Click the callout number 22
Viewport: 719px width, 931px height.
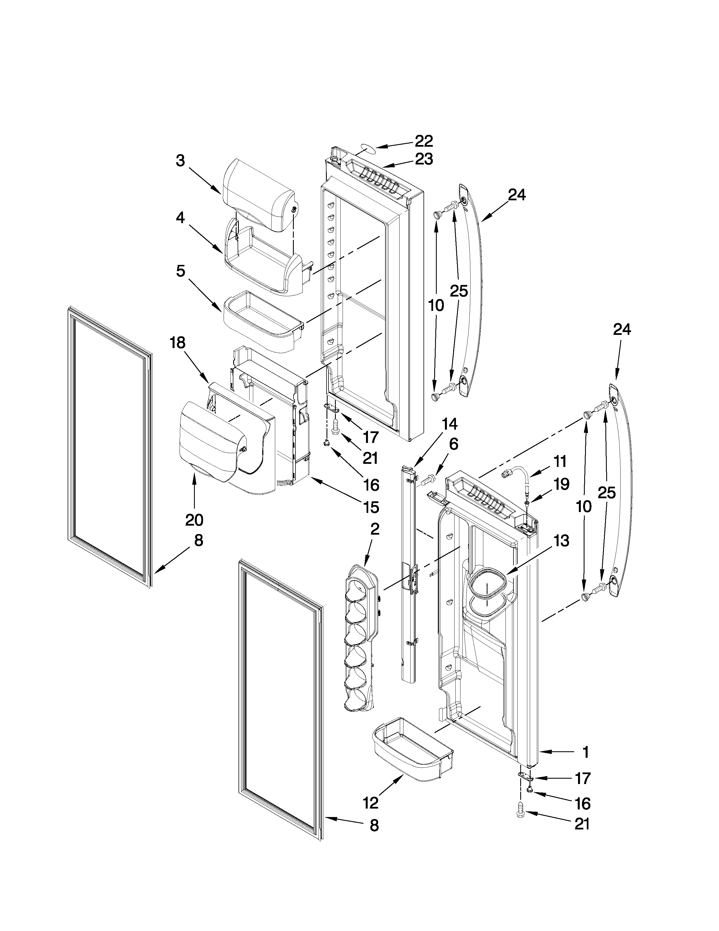424,141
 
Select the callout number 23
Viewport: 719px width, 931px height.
424,159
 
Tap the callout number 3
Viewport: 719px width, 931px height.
181,161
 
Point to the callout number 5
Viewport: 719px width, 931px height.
181,271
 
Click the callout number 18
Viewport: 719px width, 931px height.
178,343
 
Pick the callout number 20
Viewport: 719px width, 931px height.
194,520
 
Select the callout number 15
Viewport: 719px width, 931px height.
371,507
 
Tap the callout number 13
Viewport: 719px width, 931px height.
561,541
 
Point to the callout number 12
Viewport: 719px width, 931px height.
370,803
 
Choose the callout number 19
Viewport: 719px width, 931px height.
561,484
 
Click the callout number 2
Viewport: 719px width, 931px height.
374,529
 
